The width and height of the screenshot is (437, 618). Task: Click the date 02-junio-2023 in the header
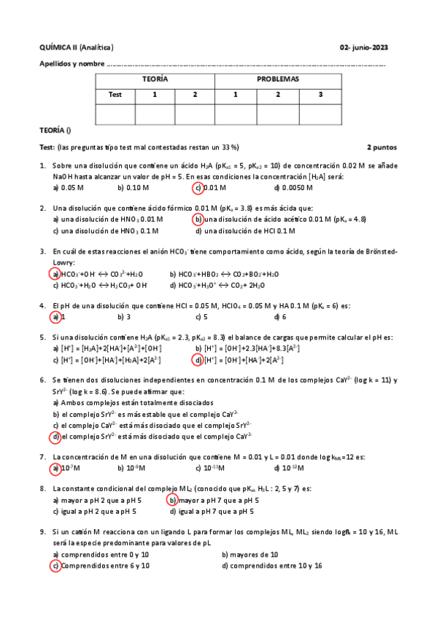point(364,47)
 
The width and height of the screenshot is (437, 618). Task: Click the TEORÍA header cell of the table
point(155,79)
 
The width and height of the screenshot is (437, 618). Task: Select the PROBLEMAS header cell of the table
point(278,79)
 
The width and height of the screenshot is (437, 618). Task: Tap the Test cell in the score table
point(115,94)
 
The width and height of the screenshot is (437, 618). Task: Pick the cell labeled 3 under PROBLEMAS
point(320,94)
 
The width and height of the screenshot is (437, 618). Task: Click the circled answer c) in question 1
point(197,187)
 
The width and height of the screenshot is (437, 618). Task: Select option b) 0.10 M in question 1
point(131,187)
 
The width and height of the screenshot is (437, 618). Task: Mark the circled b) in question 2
point(197,219)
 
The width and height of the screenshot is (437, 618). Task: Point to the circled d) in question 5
point(197,360)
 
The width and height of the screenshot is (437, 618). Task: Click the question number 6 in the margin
point(42,380)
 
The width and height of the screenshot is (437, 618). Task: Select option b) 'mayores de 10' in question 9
point(249,555)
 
